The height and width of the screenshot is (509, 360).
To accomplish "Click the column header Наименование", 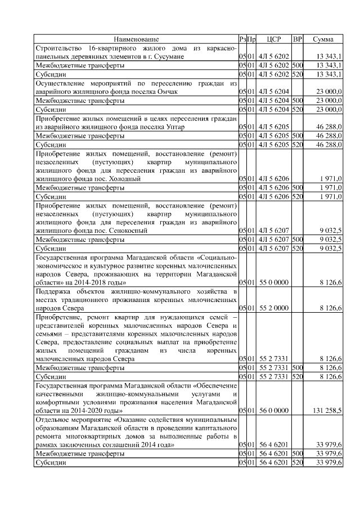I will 136,39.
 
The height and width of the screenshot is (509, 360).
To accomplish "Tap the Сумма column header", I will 323,39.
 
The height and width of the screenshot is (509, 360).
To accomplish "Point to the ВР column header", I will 298,39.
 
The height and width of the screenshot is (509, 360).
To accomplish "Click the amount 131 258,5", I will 327,412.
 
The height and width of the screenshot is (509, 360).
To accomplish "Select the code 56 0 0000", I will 274,412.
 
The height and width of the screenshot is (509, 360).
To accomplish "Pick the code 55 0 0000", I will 274,281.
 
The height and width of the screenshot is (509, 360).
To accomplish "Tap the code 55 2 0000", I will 274,308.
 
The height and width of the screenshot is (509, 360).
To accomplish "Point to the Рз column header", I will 242,39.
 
